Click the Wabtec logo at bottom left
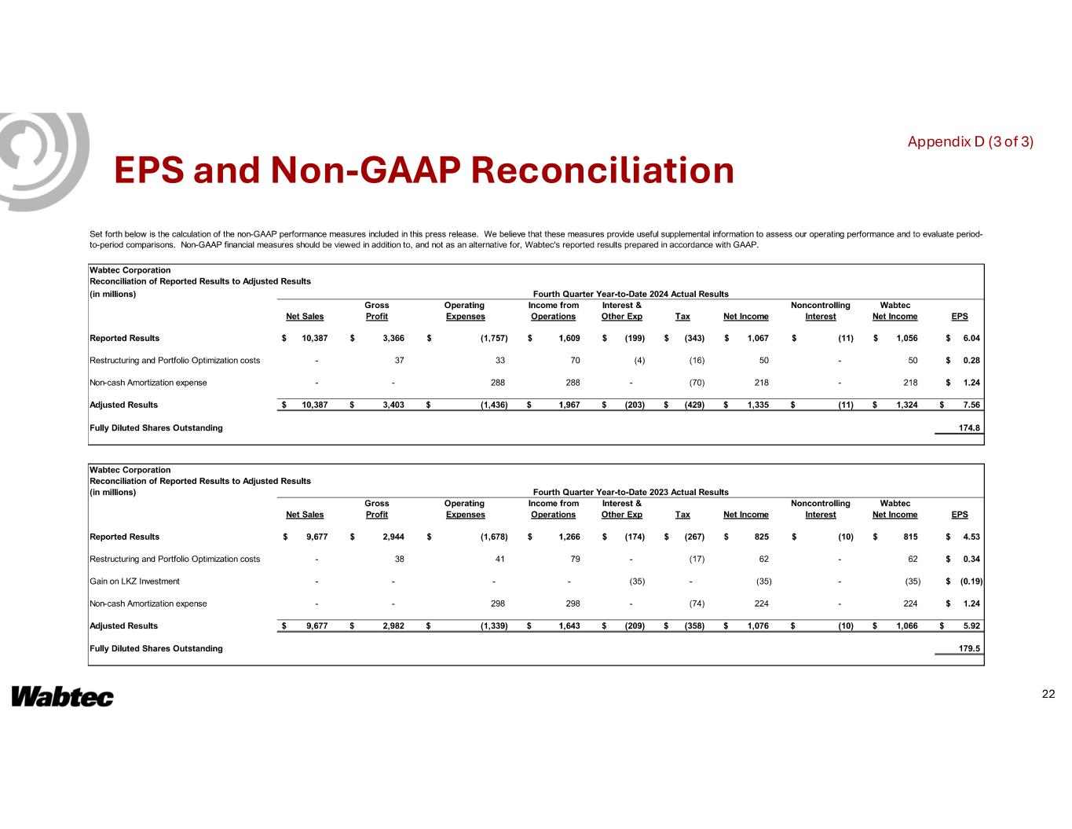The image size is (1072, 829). pos(62,697)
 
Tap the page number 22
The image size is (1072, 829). pos(1048,694)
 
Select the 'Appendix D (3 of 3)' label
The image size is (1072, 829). pos(970,142)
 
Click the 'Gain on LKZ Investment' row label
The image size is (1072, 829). pos(135,581)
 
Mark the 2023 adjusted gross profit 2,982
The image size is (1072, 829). pos(392,625)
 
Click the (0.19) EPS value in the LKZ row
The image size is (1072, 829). pos(971,581)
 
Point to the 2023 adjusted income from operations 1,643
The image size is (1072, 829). pos(568,625)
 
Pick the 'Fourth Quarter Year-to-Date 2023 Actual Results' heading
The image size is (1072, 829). pos(630,492)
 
